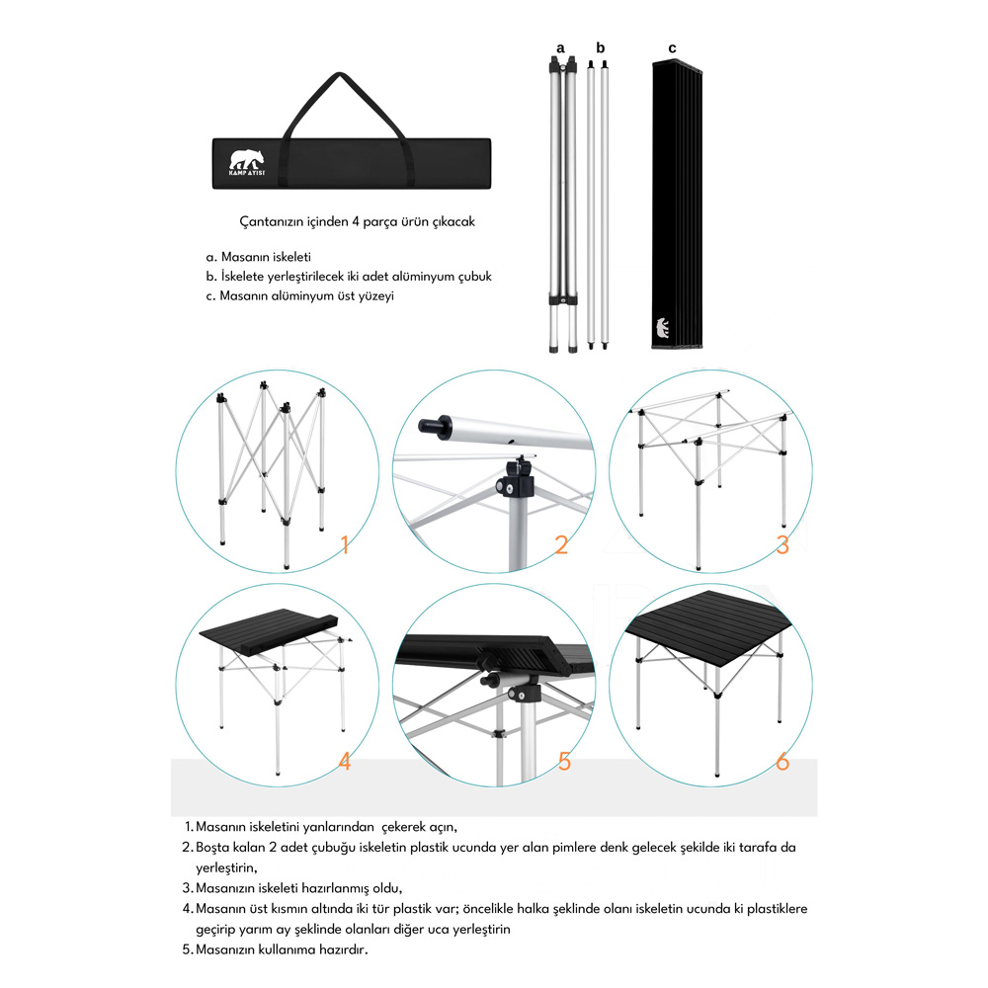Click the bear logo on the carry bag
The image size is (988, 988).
click(246, 163)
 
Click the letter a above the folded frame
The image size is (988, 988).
click(561, 48)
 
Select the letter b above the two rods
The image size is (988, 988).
click(600, 47)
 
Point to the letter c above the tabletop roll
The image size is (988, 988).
click(672, 48)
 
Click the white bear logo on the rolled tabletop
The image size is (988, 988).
click(662, 328)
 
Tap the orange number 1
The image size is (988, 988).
click(345, 544)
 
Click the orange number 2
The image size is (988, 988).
click(561, 544)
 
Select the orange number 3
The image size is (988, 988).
click(782, 544)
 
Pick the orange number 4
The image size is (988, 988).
click(345, 761)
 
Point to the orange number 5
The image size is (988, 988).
click(564, 761)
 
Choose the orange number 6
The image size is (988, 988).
click(782, 761)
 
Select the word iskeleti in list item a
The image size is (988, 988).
click(291, 257)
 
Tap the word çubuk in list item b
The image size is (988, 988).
click(474, 277)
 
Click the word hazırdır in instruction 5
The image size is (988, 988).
click(344, 949)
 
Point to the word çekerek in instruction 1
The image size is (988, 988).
click(404, 827)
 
